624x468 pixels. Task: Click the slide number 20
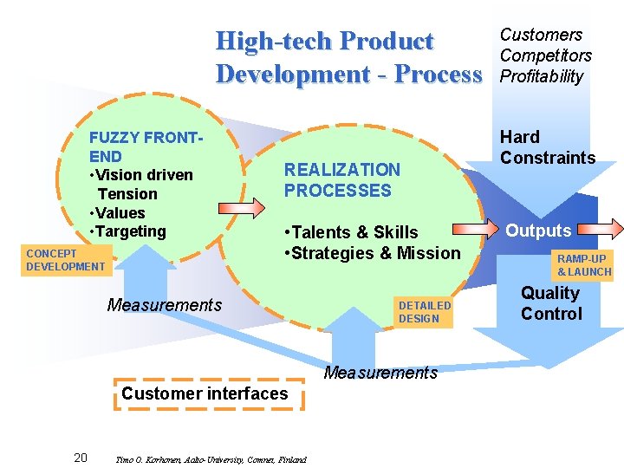click(80, 458)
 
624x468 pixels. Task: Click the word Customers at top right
click(541, 35)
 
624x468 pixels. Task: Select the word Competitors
click(545, 55)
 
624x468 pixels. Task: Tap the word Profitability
click(542, 76)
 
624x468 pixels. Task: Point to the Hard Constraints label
click(547, 147)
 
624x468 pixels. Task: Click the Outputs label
click(538, 231)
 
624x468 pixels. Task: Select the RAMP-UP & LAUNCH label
click(583, 265)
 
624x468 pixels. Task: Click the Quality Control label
click(551, 303)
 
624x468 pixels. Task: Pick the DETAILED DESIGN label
click(425, 312)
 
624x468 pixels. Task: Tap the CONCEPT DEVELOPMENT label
click(65, 260)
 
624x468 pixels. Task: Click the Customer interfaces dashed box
click(205, 393)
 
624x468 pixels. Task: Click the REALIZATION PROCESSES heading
click(342, 180)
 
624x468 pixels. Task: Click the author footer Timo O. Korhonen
click(210, 459)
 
